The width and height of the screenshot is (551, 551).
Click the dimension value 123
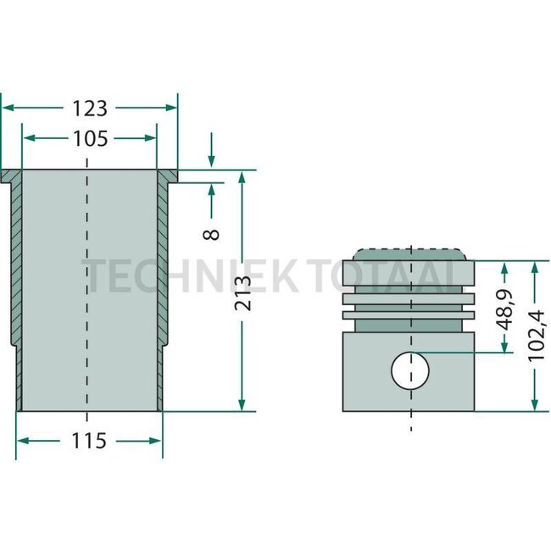(89, 108)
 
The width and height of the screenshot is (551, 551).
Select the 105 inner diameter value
(89, 138)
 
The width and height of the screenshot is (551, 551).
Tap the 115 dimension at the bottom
(89, 441)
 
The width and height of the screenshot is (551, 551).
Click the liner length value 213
(243, 292)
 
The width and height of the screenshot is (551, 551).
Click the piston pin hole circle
(410, 370)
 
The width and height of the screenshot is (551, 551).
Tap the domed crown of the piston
(410, 254)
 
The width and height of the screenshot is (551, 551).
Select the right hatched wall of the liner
(163, 271)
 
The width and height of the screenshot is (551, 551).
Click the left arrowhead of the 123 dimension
(7, 108)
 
